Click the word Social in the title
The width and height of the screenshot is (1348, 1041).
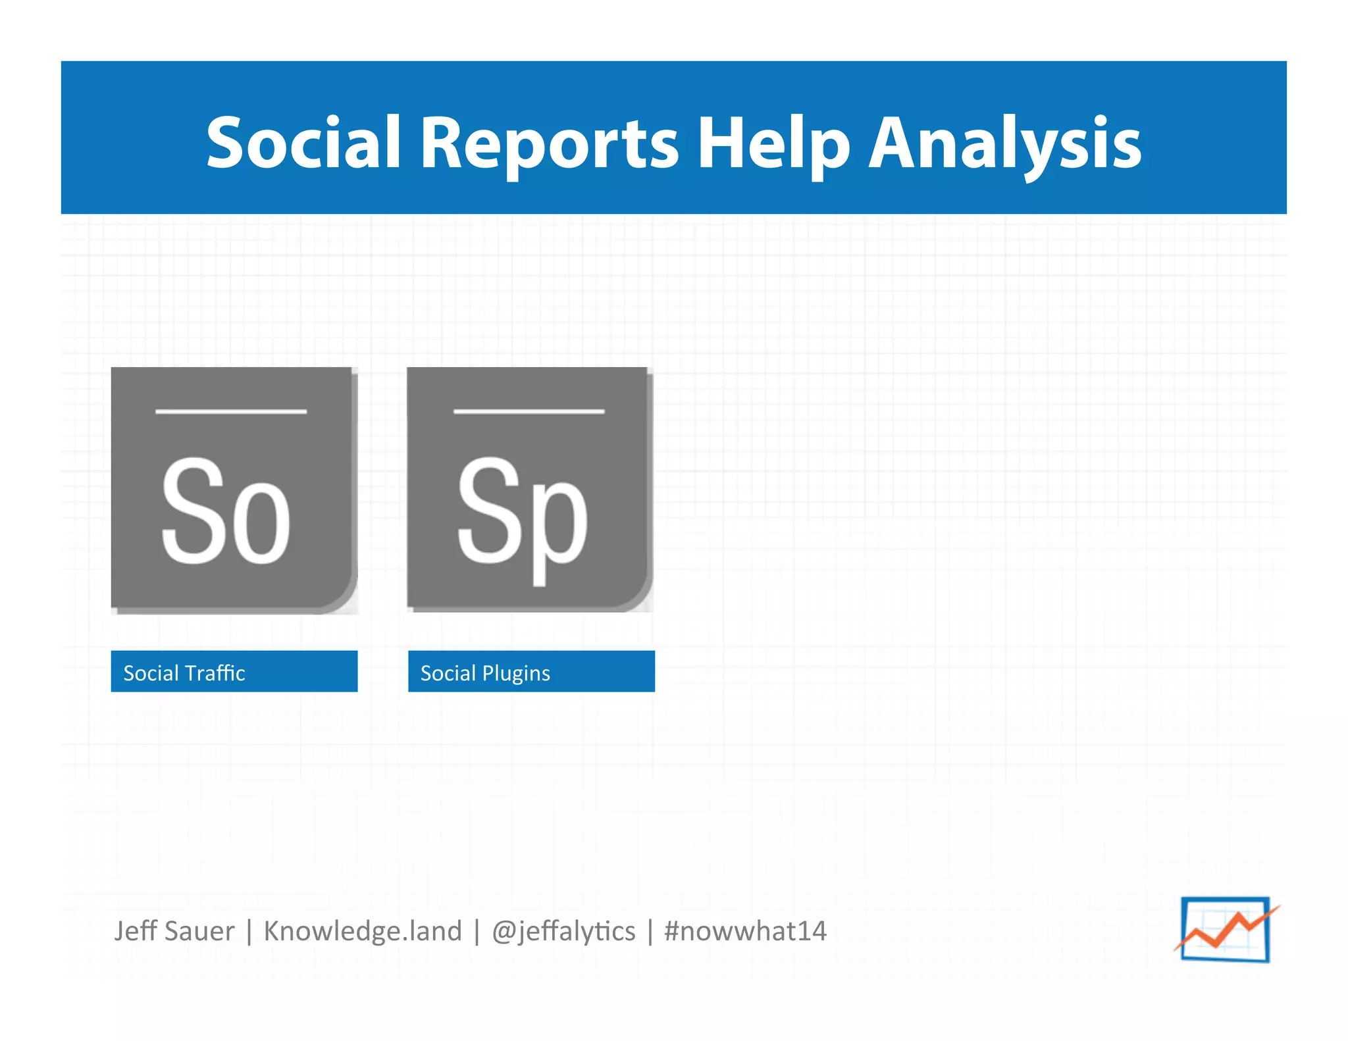coord(303,143)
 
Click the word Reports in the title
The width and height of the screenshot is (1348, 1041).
coord(549,143)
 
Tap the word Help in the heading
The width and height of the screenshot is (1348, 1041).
coord(774,143)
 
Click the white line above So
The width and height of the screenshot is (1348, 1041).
coord(231,411)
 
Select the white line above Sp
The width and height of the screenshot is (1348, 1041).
coord(529,411)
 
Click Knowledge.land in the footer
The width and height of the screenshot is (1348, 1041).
coord(363,931)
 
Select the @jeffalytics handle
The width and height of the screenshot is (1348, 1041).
coord(563,931)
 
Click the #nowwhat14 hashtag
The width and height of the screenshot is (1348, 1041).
coord(745,931)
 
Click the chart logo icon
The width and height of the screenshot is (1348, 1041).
coord(1226,929)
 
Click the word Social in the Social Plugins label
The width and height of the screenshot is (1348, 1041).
coord(448,673)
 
